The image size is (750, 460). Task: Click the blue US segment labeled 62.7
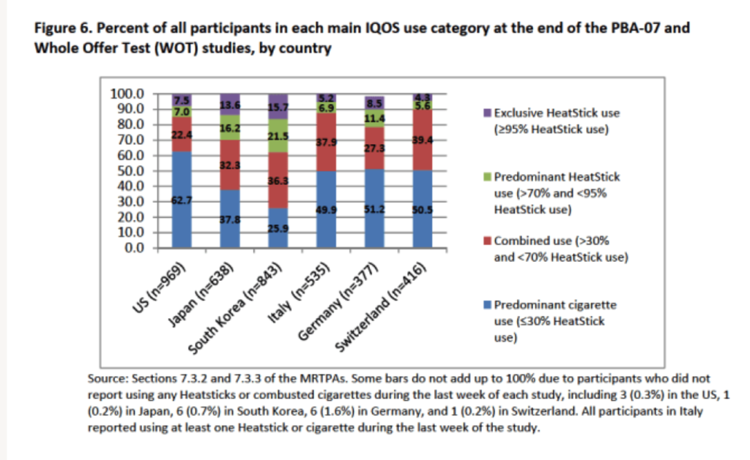pos(182,200)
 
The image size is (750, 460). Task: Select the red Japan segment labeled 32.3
pos(230,165)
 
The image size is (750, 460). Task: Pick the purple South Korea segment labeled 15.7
pos(278,107)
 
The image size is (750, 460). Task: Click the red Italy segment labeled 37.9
pos(327,142)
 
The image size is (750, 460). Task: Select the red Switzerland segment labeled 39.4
pos(423,140)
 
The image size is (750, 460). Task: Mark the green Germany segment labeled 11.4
pos(375,118)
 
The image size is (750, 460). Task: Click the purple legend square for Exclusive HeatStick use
pos(488,113)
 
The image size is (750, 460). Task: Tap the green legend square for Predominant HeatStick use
pos(488,177)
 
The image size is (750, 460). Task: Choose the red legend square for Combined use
pos(488,241)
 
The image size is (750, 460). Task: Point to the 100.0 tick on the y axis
pos(127,94)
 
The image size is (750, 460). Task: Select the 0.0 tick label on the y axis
pos(133,248)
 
